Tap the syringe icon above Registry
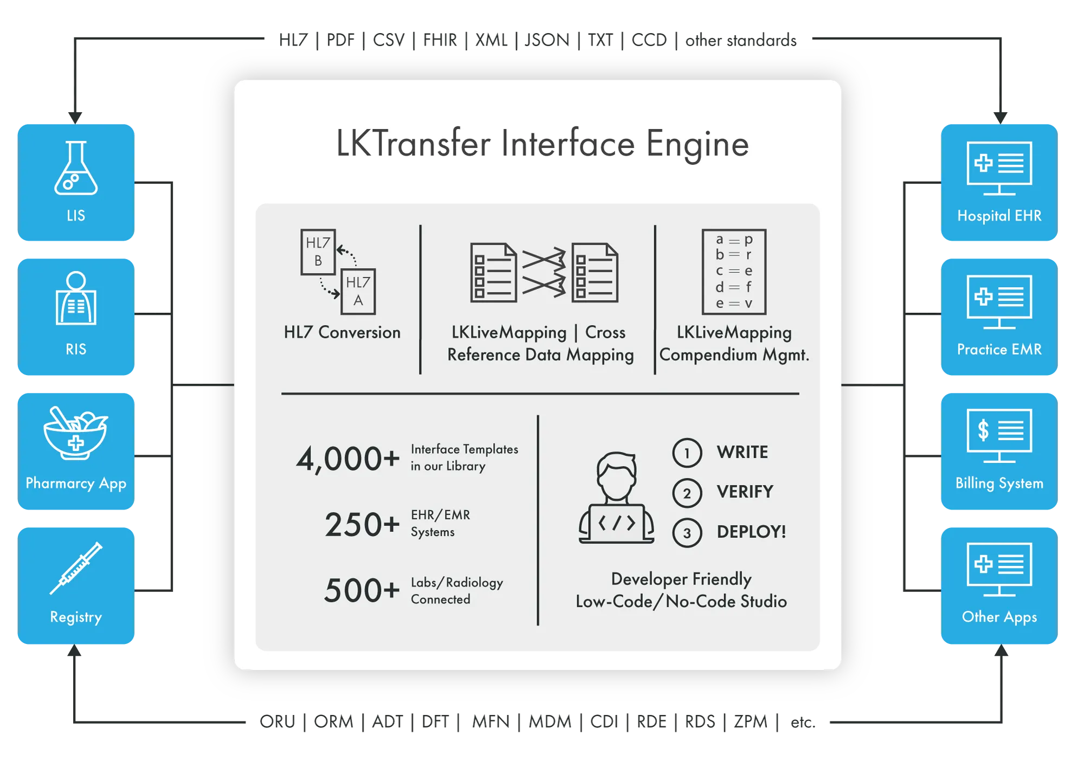tap(76, 568)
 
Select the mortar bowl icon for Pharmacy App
tap(75, 434)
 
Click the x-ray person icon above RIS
tap(76, 299)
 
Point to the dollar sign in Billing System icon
tap(983, 430)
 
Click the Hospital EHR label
tap(999, 216)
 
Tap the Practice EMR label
tap(999, 350)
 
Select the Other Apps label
tap(999, 617)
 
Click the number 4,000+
tap(347, 459)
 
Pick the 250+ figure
tap(362, 525)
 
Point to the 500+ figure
tap(362, 590)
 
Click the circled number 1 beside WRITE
tap(687, 453)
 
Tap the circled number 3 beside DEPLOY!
tap(687, 533)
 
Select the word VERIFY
tap(745, 492)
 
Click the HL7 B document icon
tap(318, 252)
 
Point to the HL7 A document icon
tap(358, 292)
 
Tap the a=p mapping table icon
tap(734, 272)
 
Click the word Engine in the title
tap(697, 144)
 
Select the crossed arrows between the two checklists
tap(544, 273)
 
